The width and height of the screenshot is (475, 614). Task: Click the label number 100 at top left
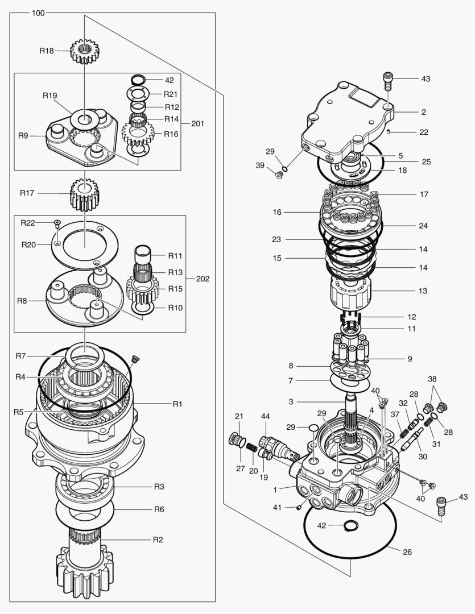click(38, 13)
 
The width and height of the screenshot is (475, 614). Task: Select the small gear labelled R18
click(84, 51)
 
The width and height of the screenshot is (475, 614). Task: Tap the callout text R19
click(50, 96)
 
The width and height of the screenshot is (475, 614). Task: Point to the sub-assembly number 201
click(197, 123)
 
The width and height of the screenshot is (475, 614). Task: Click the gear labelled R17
click(84, 193)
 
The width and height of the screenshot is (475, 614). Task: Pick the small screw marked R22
click(57, 222)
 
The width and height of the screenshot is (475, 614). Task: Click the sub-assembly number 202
click(203, 279)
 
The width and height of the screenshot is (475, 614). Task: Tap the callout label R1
click(177, 404)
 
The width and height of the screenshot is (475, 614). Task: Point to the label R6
click(159, 509)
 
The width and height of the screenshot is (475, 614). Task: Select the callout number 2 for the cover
click(424, 112)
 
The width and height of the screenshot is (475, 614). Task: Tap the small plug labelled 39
click(278, 175)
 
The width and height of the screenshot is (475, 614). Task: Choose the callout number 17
click(424, 194)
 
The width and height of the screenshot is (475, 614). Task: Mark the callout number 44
click(265, 417)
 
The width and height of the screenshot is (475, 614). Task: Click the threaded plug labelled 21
click(235, 439)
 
